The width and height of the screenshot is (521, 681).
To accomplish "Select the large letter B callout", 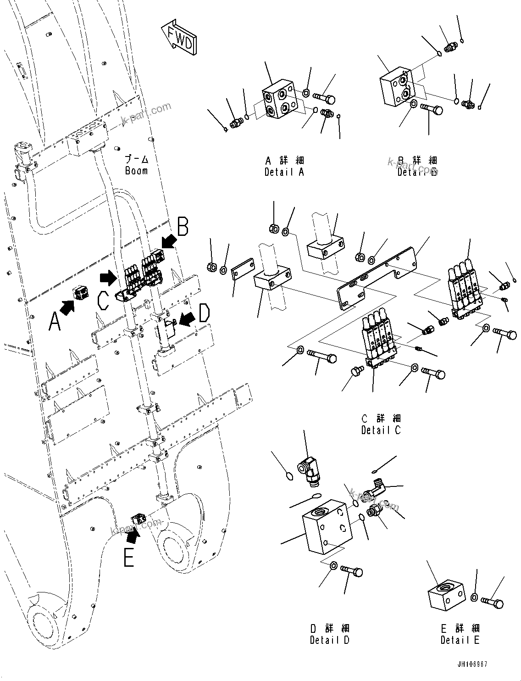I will (183, 227).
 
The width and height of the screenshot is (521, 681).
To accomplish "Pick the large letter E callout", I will (129, 557).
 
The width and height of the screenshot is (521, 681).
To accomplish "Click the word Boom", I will (136, 171).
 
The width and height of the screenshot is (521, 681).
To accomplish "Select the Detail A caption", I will (284, 172).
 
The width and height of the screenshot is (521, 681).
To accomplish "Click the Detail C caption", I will (381, 430).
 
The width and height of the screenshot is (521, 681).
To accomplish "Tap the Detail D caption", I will (329, 640).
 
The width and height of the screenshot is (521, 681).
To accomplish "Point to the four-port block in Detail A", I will (279, 104).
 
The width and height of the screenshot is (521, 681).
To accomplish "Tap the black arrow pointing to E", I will (133, 534).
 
